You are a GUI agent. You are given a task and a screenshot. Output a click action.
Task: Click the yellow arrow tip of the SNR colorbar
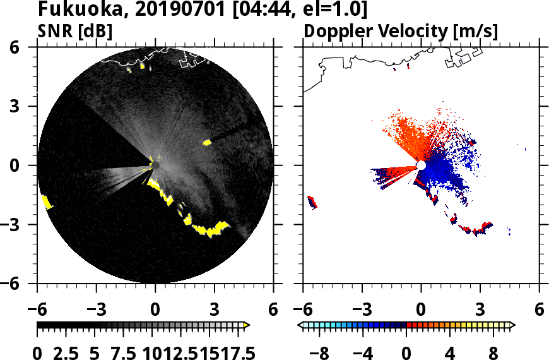(247, 325)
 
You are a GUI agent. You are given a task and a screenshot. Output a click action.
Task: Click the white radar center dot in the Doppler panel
(421, 165)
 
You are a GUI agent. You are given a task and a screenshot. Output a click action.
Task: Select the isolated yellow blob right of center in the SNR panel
(206, 143)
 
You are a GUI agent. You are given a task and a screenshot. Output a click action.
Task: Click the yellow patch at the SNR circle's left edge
(47, 203)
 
